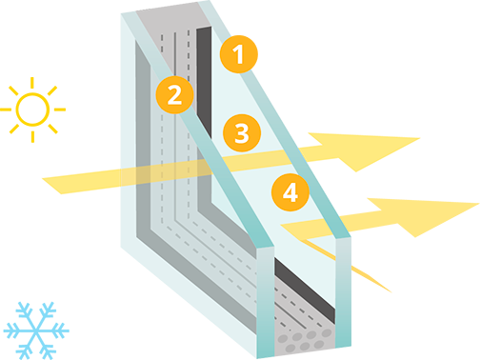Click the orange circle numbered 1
coord(239,54)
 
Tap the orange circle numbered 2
coord(174,94)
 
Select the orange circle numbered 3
coord(242,132)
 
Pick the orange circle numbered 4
coord(290,192)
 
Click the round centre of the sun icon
coord(32,110)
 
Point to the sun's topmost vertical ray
coord(32,83)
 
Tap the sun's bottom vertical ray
coord(32,136)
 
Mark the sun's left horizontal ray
coord(6,110)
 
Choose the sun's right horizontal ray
coord(60,110)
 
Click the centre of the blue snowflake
coord(36,330)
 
